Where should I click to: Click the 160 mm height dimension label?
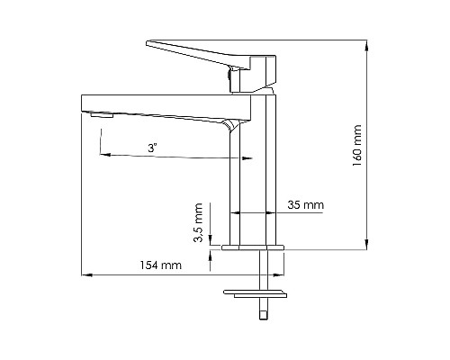(357, 142)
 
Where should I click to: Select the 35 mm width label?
(306, 204)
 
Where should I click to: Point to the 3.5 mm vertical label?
(199, 223)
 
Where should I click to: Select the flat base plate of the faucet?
(252, 246)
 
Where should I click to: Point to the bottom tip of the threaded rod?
(264, 316)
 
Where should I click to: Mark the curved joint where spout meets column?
(232, 125)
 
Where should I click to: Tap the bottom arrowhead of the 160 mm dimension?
(366, 244)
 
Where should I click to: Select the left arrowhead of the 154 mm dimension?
(85, 275)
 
